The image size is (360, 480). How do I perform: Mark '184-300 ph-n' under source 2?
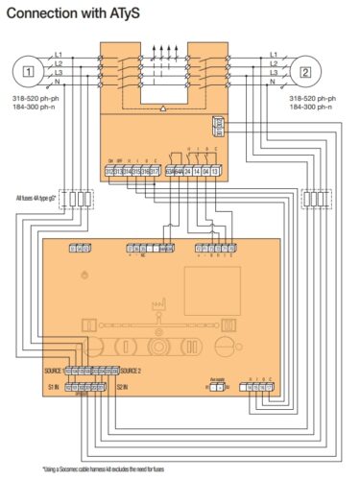click(311, 107)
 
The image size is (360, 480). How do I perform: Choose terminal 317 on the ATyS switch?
click(156, 170)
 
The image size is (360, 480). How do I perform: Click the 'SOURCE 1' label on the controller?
click(59, 370)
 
